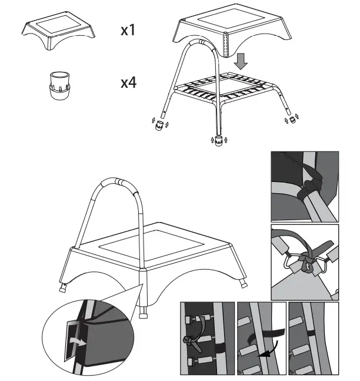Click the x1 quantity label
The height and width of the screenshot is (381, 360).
[x=128, y=30]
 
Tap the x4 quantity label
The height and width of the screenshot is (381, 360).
[x=128, y=82]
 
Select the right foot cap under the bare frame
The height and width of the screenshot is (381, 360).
[x=289, y=120]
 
